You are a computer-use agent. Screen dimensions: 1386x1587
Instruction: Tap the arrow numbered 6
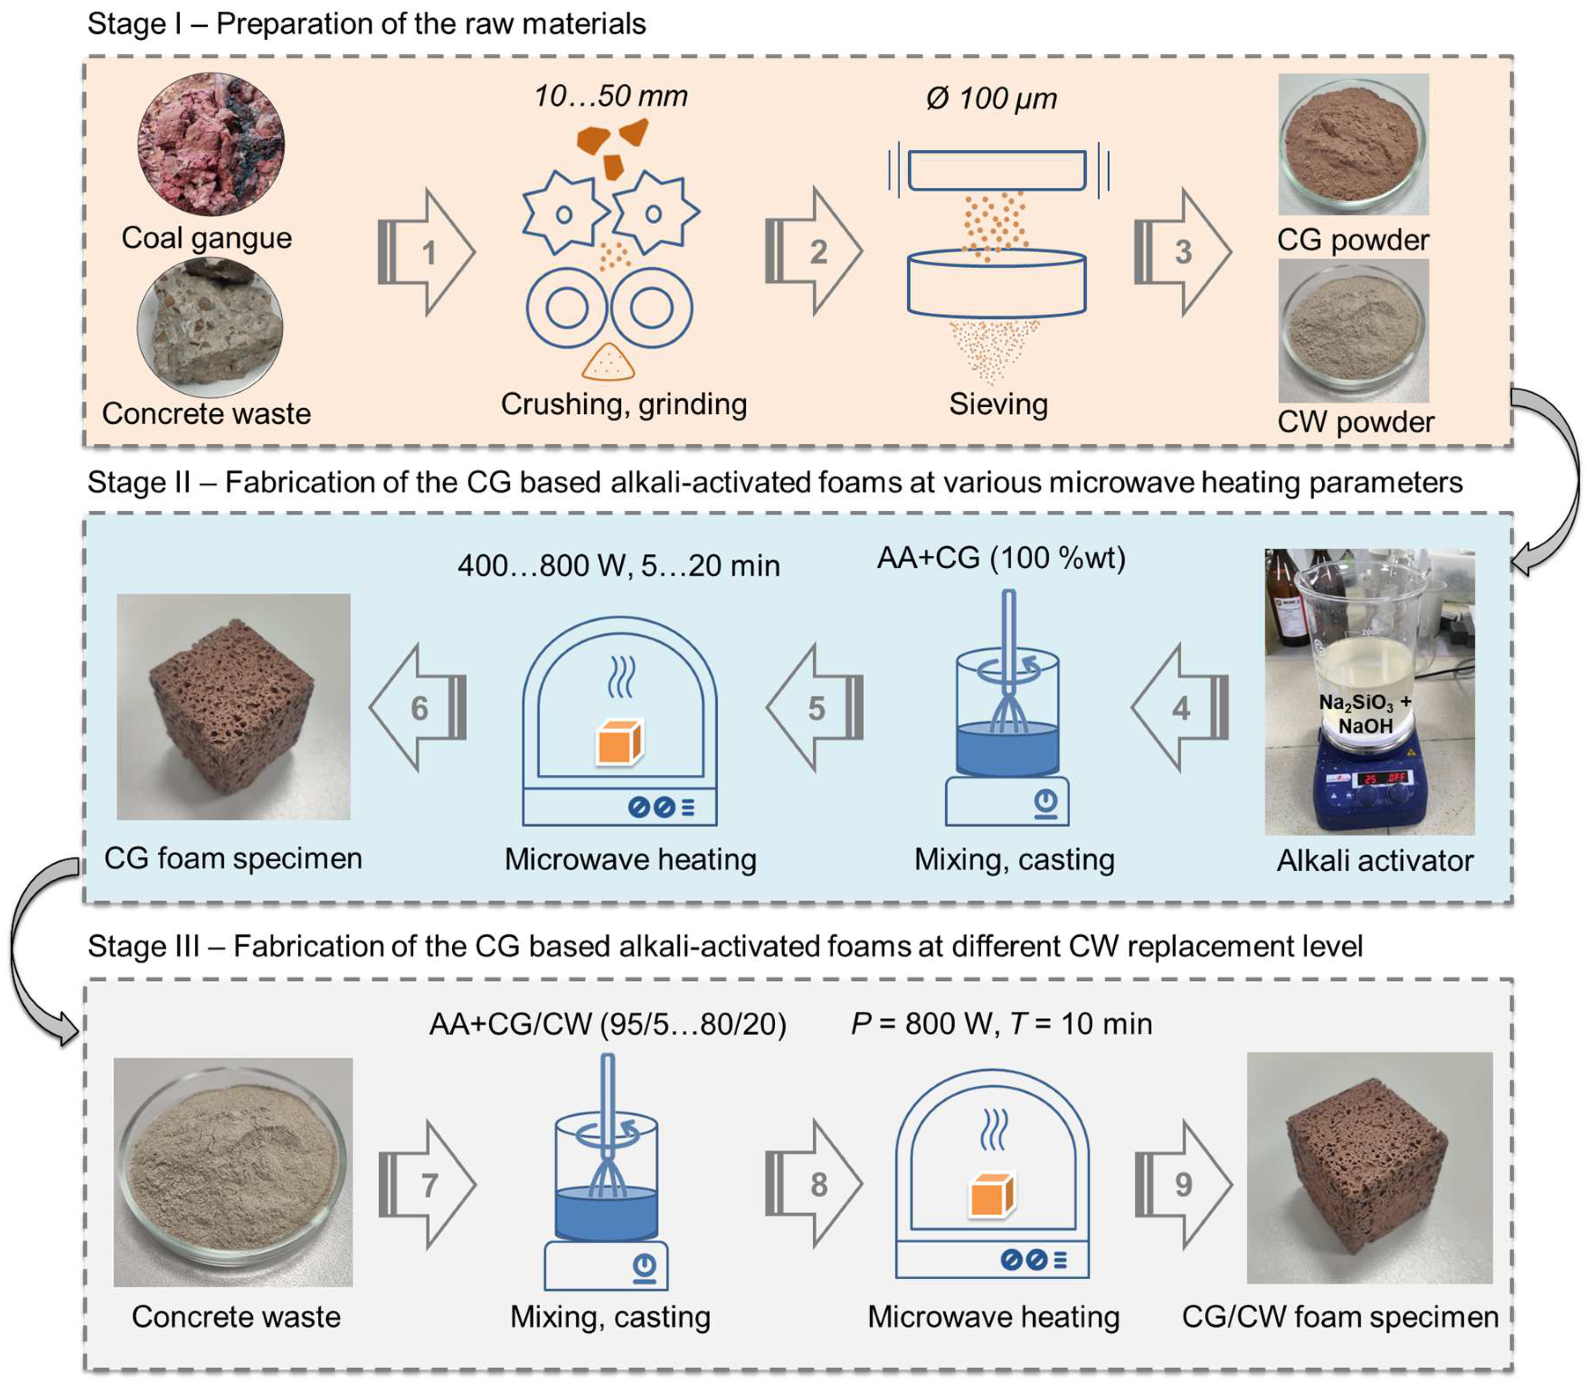tap(419, 708)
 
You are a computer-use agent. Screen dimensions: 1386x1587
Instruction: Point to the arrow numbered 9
tap(1183, 1184)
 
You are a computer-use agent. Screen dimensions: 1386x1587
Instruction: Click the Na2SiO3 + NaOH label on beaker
tap(1365, 713)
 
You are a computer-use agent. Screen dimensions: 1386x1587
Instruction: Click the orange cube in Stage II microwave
tap(619, 743)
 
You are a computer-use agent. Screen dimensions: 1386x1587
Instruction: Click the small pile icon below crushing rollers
tap(608, 363)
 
